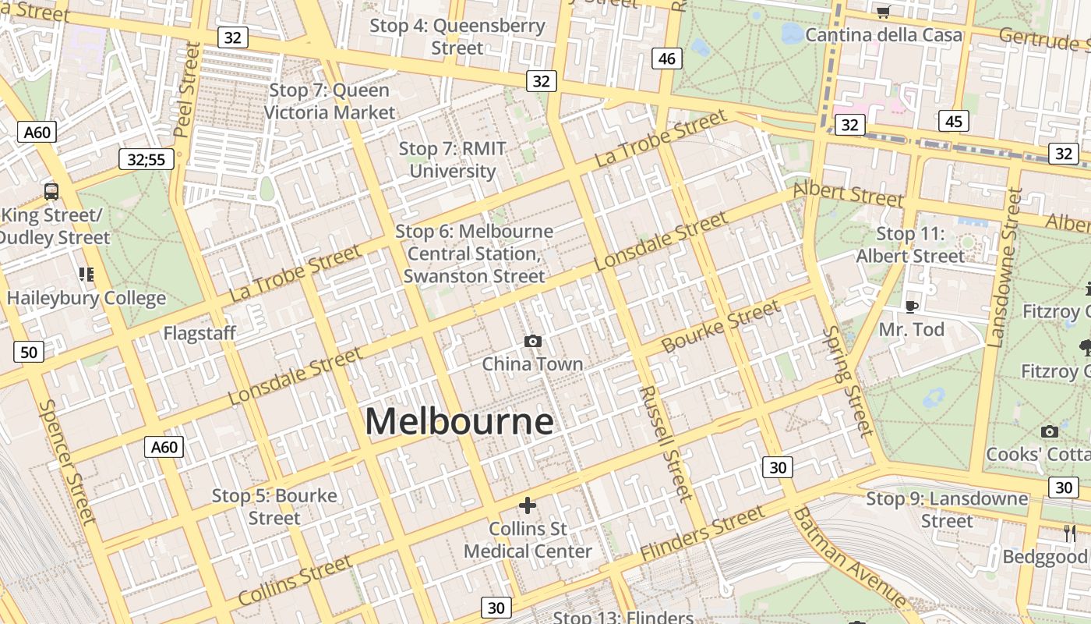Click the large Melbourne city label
[459, 422]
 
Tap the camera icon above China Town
[533, 341]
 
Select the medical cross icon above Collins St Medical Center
[528, 505]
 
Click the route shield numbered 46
[666, 58]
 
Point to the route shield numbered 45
[954, 121]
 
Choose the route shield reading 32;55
[147, 160]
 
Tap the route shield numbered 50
[29, 353]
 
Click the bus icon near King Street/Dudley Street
[51, 191]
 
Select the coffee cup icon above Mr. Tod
[911, 306]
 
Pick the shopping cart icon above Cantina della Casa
[883, 12]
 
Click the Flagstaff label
[199, 334]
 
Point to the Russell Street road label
[665, 443]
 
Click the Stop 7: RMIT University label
[453, 160]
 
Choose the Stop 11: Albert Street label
[910, 245]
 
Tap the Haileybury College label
[87, 298]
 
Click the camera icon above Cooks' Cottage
[1049, 431]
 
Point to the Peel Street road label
[188, 90]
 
